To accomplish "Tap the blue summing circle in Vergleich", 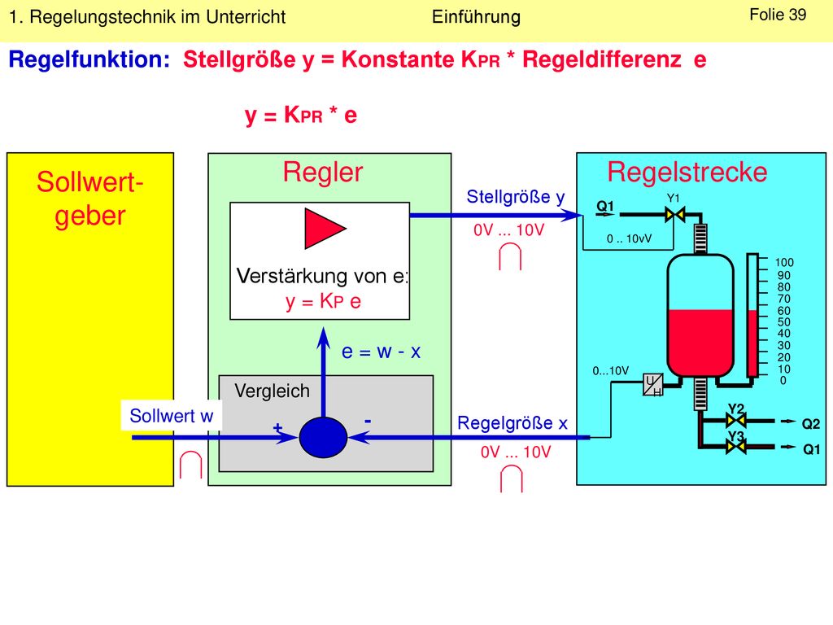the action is click(x=323, y=437).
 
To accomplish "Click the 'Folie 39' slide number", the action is click(x=778, y=15).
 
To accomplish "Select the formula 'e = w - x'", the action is click(x=381, y=352).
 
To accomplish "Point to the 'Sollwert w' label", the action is click(x=171, y=416).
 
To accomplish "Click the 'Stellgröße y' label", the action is click(x=515, y=197).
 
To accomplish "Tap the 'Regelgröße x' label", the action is click(x=512, y=423).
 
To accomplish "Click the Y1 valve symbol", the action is click(x=674, y=215).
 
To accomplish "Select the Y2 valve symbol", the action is click(x=735, y=421).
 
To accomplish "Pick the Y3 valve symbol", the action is click(x=735, y=447).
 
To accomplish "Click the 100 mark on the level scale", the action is click(x=784, y=263).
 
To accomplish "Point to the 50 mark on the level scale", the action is click(x=783, y=322).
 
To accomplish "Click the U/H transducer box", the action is click(x=653, y=385).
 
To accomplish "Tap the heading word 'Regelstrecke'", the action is click(x=687, y=173).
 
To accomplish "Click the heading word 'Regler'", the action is click(x=322, y=173).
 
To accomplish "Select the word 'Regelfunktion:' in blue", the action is click(x=89, y=59).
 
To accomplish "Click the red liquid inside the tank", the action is click(x=700, y=343).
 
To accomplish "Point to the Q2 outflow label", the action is click(x=811, y=423).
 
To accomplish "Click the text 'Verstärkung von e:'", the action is click(x=322, y=276).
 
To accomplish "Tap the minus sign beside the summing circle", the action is click(x=368, y=422).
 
